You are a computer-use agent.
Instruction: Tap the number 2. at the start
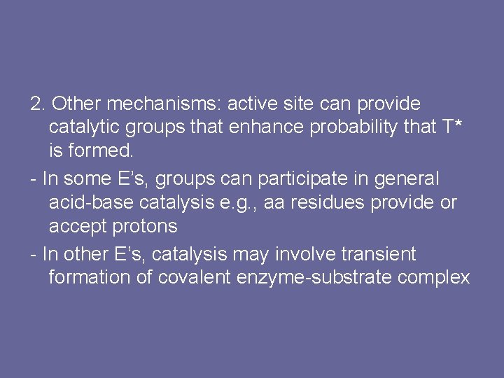pos(38,104)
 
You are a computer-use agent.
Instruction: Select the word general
pos(405,179)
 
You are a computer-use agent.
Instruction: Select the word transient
pos(378,253)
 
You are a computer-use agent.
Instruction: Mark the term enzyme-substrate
pos(315,278)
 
